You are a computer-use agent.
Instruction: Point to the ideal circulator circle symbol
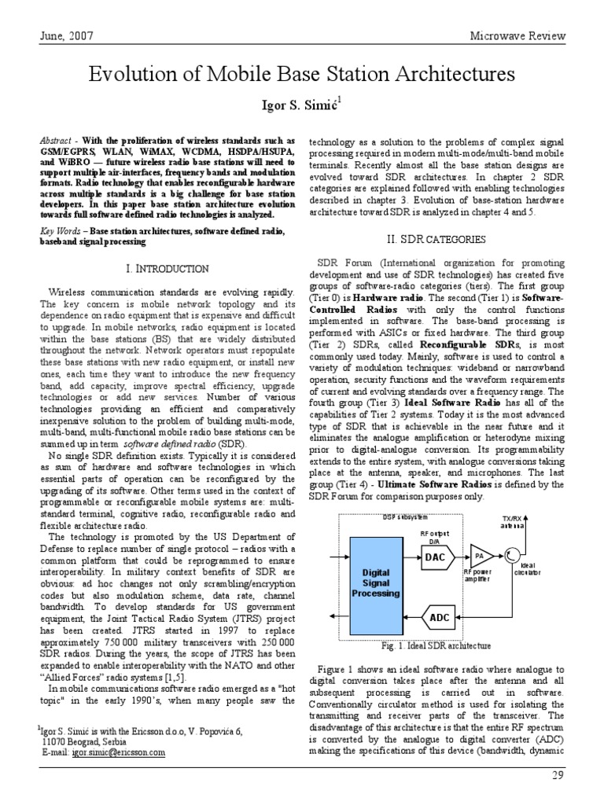512,556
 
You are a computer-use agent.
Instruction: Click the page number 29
581,777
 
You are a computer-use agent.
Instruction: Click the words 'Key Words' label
62,232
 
